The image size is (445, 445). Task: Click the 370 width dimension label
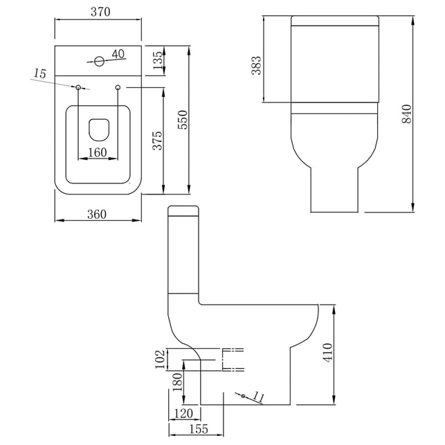pos(100,12)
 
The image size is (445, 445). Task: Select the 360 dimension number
pos(97,215)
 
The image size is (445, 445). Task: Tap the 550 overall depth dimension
pos(183,120)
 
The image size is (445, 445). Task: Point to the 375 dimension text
pos(158,140)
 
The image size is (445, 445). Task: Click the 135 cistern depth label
pos(158,60)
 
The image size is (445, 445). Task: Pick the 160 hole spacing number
pos(98,153)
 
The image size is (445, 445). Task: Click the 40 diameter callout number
pos(118,54)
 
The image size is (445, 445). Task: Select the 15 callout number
pos(39,73)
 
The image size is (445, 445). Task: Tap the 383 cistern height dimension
pos(256,65)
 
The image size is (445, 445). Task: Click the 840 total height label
pos(407,113)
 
